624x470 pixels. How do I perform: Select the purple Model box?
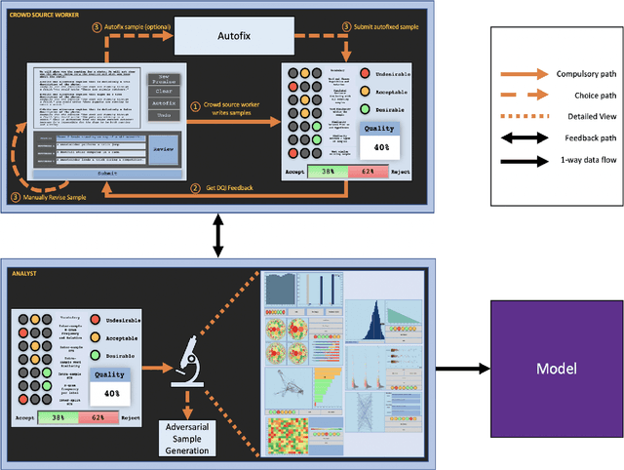click(556, 370)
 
